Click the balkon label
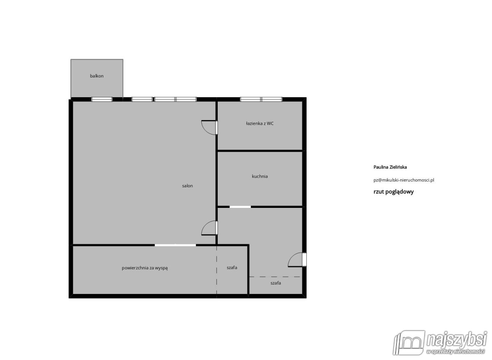(97, 76)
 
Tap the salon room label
(187, 186)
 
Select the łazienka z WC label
(260, 123)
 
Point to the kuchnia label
(260, 176)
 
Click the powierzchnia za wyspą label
(145, 268)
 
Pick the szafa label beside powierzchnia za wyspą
(232, 267)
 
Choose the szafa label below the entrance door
(276, 283)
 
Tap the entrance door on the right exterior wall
(304, 260)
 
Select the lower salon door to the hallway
(216, 228)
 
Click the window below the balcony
(102, 99)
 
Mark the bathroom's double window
(261, 99)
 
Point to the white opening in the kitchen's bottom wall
(240, 207)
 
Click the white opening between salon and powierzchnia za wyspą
(175, 245)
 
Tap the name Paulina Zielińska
(390, 167)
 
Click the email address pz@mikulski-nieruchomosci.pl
(404, 180)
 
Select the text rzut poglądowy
(393, 192)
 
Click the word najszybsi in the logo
(457, 340)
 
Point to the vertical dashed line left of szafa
(216, 270)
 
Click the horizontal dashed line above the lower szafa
(275, 277)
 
